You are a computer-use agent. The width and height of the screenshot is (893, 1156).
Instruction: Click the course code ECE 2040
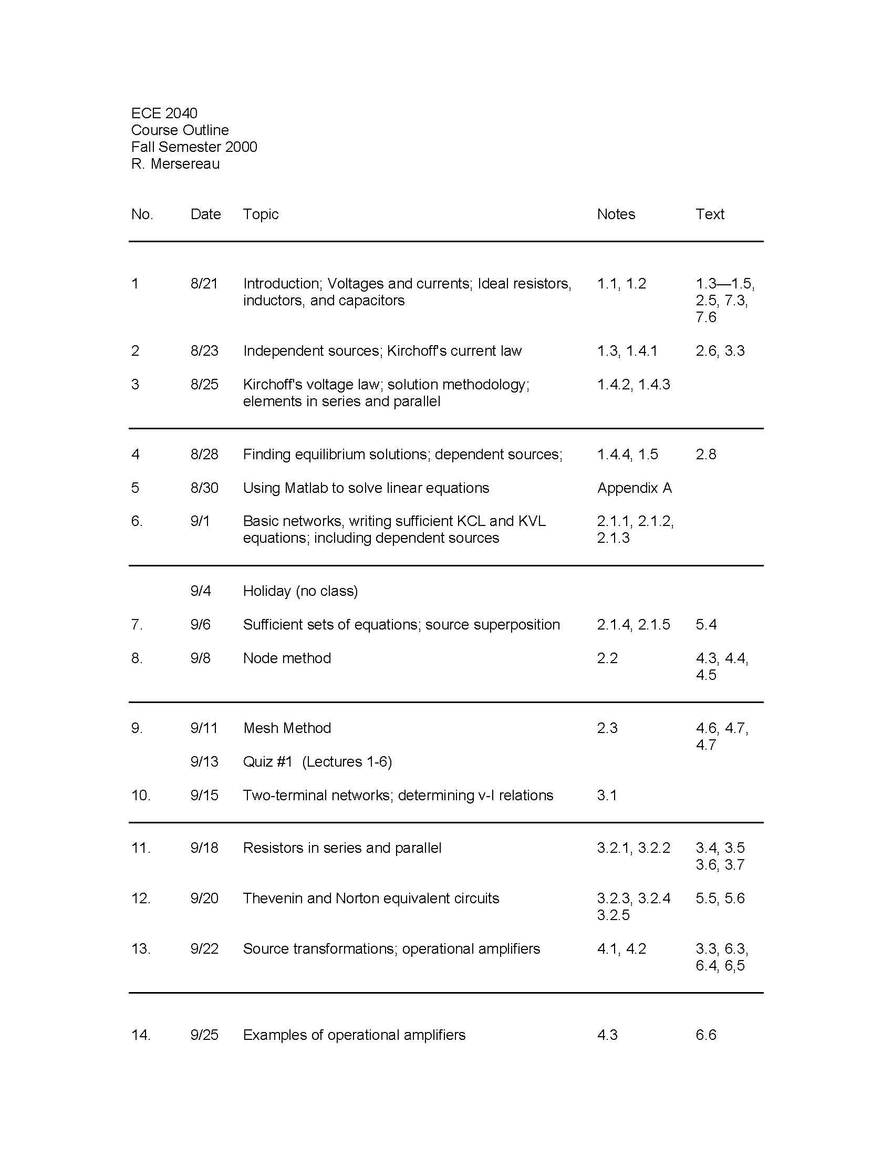(164, 113)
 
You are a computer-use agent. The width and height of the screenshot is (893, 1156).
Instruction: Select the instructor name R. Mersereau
(175, 164)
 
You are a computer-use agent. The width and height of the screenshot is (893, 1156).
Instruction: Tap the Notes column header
(616, 214)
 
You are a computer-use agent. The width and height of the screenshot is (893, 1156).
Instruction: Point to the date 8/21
(204, 284)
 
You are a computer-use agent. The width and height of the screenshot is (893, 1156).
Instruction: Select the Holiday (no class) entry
(300, 591)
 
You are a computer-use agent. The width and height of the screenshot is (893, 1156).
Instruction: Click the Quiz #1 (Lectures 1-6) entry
(317, 762)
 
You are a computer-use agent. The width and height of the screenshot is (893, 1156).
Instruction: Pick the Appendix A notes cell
(634, 488)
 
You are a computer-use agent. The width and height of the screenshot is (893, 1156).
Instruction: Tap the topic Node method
(287, 658)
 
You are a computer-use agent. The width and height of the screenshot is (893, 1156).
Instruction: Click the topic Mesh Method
(287, 728)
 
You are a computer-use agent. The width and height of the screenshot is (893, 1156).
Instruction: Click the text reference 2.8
(705, 454)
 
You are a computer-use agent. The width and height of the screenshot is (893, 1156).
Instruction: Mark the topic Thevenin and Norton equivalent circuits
(371, 898)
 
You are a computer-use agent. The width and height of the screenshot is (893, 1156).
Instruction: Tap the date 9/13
(204, 762)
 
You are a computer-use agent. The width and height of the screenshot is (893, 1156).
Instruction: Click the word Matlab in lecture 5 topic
(306, 488)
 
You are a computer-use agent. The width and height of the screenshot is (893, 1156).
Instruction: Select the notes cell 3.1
(607, 795)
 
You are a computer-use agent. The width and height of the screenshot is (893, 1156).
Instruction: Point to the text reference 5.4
(705, 625)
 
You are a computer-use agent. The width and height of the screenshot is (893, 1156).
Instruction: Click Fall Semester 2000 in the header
(194, 147)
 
